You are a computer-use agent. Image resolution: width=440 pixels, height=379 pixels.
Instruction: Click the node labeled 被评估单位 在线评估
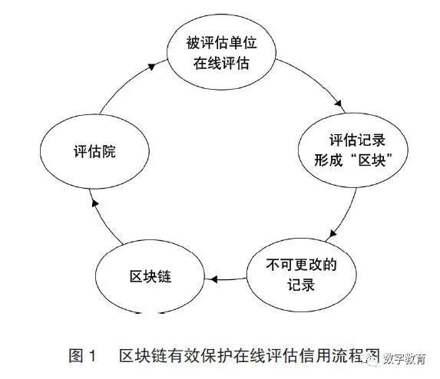click(x=221, y=52)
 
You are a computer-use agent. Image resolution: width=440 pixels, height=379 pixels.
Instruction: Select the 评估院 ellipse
click(x=94, y=151)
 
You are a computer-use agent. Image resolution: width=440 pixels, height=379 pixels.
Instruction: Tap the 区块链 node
click(x=151, y=277)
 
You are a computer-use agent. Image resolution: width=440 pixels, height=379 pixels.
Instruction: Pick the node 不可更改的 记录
click(x=301, y=275)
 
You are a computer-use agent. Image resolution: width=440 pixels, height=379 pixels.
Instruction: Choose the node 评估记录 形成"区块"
click(x=353, y=150)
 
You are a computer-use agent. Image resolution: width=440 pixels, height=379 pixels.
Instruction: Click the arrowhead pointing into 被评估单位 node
click(x=151, y=67)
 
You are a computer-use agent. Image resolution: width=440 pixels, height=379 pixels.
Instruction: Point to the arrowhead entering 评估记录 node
click(x=339, y=104)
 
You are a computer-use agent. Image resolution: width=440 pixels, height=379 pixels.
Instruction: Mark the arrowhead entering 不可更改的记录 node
click(x=332, y=233)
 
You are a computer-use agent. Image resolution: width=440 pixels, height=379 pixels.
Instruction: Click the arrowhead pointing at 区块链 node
click(x=213, y=279)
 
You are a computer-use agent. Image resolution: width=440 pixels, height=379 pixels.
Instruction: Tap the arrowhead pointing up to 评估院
click(x=95, y=203)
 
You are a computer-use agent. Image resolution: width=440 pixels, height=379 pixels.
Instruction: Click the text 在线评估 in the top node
click(x=221, y=63)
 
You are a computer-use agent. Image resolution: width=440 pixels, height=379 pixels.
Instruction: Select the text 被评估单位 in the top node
click(x=221, y=43)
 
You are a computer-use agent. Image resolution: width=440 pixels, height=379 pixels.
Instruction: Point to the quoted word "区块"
click(x=372, y=160)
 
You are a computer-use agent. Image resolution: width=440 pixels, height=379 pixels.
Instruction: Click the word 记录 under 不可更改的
click(x=301, y=285)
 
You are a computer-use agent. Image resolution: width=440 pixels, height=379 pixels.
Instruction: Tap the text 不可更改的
click(x=301, y=265)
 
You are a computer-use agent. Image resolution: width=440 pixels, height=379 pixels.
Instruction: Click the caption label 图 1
click(x=82, y=356)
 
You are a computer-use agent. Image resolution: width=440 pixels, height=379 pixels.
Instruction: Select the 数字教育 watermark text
click(x=405, y=358)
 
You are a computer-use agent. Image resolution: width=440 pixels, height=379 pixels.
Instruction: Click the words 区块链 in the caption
click(x=144, y=356)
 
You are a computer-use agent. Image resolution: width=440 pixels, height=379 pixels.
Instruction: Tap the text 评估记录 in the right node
click(x=358, y=140)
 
